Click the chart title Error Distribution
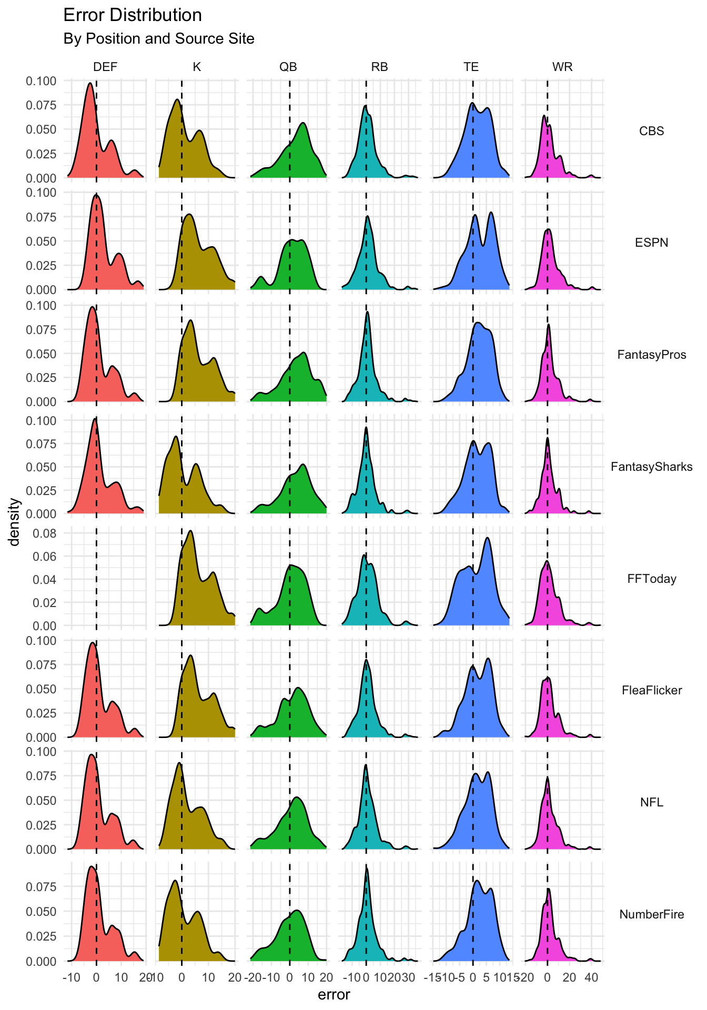tap(132, 15)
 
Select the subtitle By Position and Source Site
tap(158, 39)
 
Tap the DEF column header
tap(105, 67)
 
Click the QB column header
tap(288, 67)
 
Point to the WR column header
tap(562, 67)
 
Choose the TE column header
tap(471, 67)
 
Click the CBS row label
tap(651, 131)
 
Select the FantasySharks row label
tap(651, 467)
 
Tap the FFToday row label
tap(651, 579)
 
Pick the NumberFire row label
tap(651, 914)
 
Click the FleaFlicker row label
tap(651, 690)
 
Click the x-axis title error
tap(334, 995)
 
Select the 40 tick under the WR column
tap(591, 978)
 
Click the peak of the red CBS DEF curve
tap(90, 83)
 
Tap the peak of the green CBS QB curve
tap(304, 123)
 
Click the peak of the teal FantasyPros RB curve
tap(367, 312)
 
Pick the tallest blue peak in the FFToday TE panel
tap(487, 538)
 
